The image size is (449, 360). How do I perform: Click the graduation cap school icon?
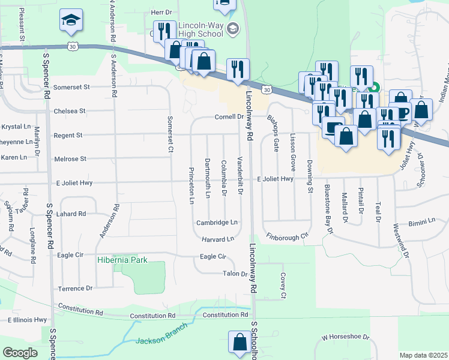point(70,22)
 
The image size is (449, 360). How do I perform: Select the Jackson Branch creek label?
point(161,340)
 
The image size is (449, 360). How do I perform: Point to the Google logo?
point(20,353)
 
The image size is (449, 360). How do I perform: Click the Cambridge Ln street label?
point(217,223)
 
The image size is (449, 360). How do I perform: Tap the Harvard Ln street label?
point(217,239)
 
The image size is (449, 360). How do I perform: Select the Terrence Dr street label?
point(75,289)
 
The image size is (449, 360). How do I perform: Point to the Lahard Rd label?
point(71,214)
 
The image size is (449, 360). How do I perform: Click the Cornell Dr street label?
point(228,117)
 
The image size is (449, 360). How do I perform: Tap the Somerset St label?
point(71,87)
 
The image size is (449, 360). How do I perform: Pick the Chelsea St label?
point(70,111)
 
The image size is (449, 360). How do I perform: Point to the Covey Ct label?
point(283,286)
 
